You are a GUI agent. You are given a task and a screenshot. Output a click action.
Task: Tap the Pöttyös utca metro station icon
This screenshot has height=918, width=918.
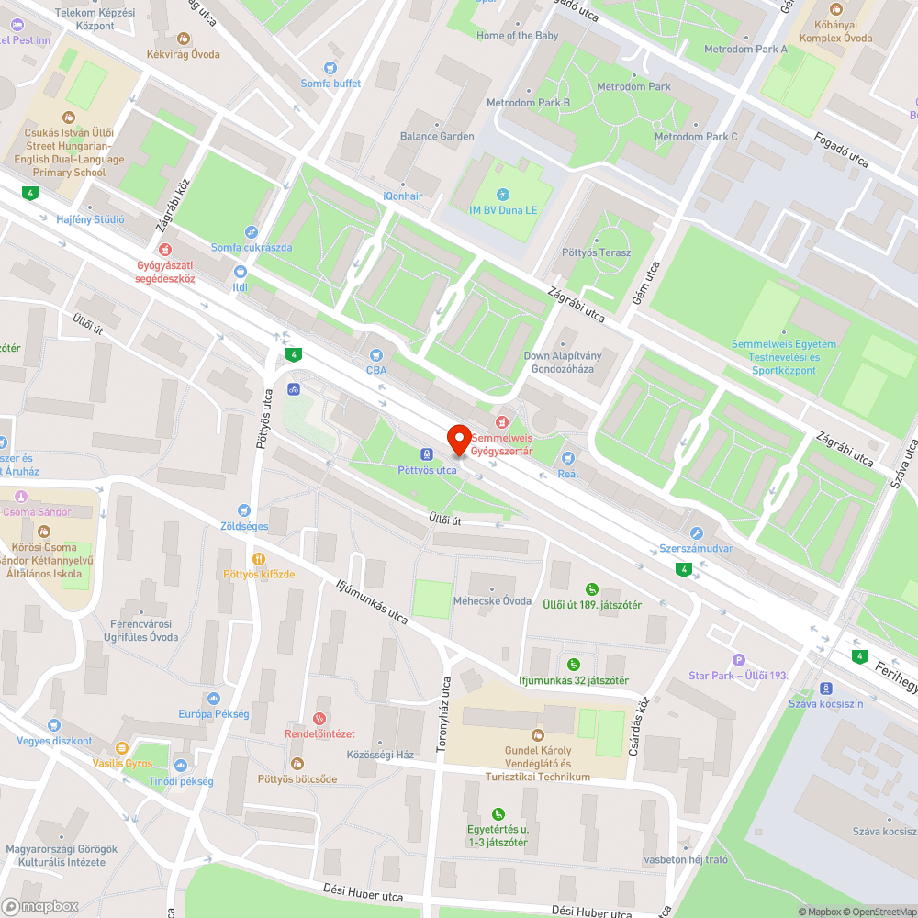(427, 453)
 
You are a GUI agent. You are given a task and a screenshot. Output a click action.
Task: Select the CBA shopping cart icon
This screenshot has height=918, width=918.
(375, 354)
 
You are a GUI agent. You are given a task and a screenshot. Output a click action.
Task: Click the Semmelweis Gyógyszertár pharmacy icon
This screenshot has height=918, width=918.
(500, 422)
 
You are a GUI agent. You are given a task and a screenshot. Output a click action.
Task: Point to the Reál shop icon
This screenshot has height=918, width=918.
(568, 458)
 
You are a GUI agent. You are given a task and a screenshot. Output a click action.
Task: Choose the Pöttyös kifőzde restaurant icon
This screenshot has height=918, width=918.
(259, 558)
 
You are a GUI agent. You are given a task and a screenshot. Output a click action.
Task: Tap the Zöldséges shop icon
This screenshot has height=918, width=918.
(244, 510)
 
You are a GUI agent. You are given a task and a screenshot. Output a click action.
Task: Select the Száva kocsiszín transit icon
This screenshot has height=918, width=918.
(826, 688)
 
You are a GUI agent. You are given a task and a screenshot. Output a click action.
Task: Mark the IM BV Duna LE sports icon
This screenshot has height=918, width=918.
(502, 194)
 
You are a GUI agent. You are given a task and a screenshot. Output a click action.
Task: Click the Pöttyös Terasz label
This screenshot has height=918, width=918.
(596, 252)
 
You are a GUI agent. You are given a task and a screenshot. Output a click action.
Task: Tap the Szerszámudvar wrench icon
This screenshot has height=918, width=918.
(697, 533)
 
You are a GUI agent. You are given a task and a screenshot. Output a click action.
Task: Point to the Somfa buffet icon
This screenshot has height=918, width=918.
(330, 68)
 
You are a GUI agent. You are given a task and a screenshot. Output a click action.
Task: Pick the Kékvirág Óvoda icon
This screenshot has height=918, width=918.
(184, 39)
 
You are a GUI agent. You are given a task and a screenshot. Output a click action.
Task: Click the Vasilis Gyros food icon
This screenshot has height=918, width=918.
(122, 747)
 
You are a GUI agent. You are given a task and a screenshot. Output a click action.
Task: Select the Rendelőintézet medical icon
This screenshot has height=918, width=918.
(319, 718)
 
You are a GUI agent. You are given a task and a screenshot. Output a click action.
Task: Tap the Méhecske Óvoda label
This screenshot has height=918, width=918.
(492, 601)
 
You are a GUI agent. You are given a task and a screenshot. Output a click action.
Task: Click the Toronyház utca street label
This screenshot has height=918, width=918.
(445, 716)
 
